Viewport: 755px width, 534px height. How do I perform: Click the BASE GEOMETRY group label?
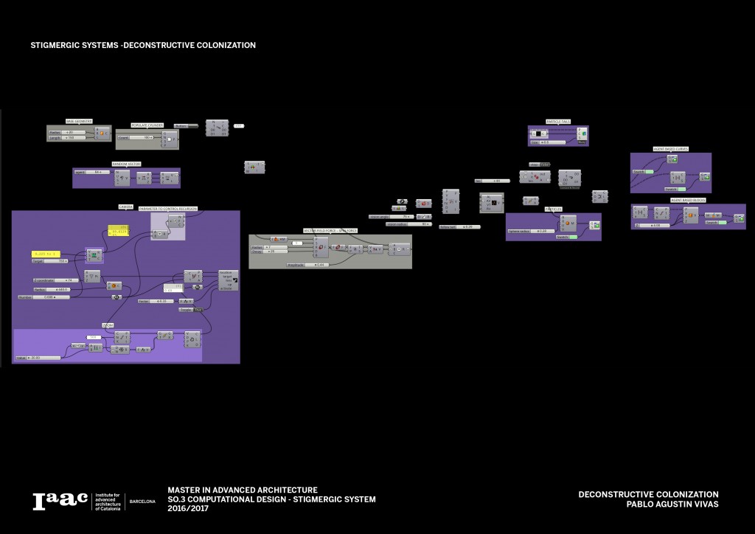click(80, 121)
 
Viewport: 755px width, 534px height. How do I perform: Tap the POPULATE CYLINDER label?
click(147, 125)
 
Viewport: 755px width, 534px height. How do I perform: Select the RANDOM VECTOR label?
click(126, 164)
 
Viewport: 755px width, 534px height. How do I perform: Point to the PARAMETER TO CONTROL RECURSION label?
click(168, 209)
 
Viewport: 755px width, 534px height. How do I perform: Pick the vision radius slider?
click(408, 223)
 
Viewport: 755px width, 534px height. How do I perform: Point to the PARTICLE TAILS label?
click(558, 121)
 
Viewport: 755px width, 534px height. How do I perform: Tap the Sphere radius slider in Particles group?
click(528, 231)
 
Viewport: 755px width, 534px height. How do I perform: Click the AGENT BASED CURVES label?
click(670, 149)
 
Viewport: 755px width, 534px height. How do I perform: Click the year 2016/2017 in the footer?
click(188, 509)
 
